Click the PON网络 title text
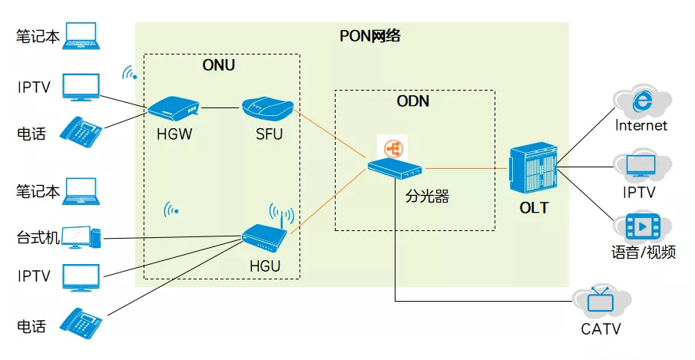pos(369,36)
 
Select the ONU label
pos(219,65)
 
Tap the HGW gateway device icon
pos(174,108)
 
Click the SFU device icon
pos(268,108)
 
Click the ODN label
pos(412,101)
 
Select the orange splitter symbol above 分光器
pos(393,149)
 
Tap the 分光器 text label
pos(427,196)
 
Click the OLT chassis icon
pos(533,168)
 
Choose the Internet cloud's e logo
pos(642,101)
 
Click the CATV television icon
pos(600,300)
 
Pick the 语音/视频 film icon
pos(643,226)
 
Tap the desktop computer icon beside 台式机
pos(81,237)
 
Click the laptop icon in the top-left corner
pos(81,36)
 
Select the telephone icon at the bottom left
pos(81,323)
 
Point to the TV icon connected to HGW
pos(81,88)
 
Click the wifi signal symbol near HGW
pos(130,73)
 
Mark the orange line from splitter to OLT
pos(465,168)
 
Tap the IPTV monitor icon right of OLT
pos(641,167)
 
